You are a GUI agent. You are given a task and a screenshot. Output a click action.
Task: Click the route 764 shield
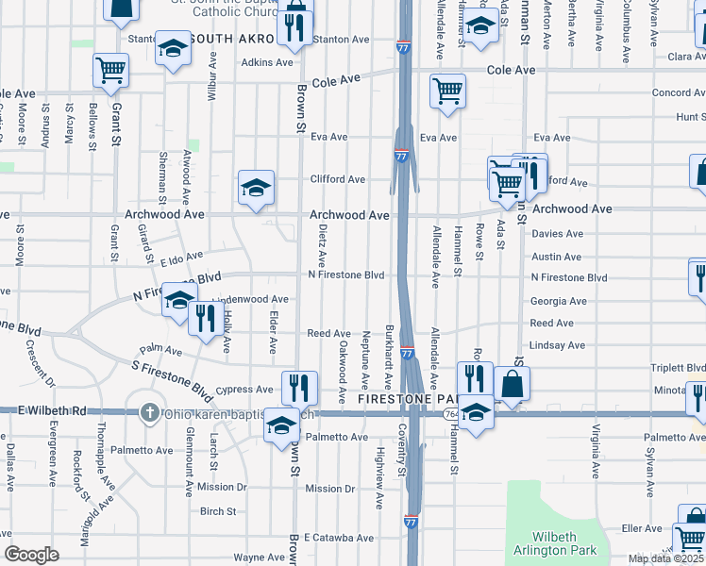click(450, 415)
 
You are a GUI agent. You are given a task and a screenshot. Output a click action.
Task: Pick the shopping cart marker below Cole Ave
click(446, 92)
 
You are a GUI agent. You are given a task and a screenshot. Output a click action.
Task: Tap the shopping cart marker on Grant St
click(110, 71)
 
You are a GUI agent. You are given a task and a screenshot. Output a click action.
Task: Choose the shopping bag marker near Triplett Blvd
click(512, 384)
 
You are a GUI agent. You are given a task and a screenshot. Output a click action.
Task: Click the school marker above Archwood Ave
click(256, 188)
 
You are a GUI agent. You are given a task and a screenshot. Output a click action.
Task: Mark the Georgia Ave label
click(559, 302)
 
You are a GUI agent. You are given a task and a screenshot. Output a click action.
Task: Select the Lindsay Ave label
click(557, 345)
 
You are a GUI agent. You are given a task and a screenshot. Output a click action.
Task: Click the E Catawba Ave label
click(338, 538)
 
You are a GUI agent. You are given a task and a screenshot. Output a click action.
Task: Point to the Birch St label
click(218, 511)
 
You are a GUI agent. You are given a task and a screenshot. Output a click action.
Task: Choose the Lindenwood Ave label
click(250, 299)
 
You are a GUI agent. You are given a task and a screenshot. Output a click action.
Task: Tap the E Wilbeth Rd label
click(52, 411)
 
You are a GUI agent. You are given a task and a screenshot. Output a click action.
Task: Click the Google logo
click(31, 555)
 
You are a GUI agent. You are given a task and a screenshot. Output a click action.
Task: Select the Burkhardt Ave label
click(388, 357)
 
